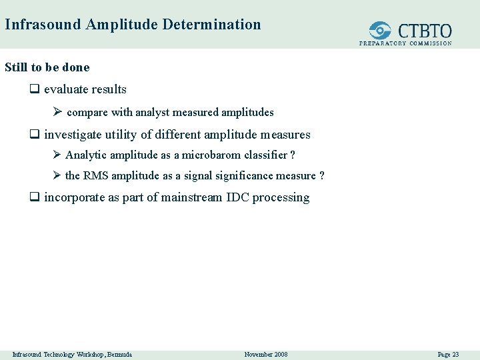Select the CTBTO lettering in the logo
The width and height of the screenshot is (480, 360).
click(425, 31)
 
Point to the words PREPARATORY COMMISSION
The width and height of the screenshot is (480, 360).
click(405, 43)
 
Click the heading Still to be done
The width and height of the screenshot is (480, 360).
click(47, 67)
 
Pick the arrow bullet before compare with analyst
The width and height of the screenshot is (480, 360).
click(58, 113)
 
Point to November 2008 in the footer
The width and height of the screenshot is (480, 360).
click(266, 354)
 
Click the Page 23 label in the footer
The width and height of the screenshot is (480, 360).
click(448, 354)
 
